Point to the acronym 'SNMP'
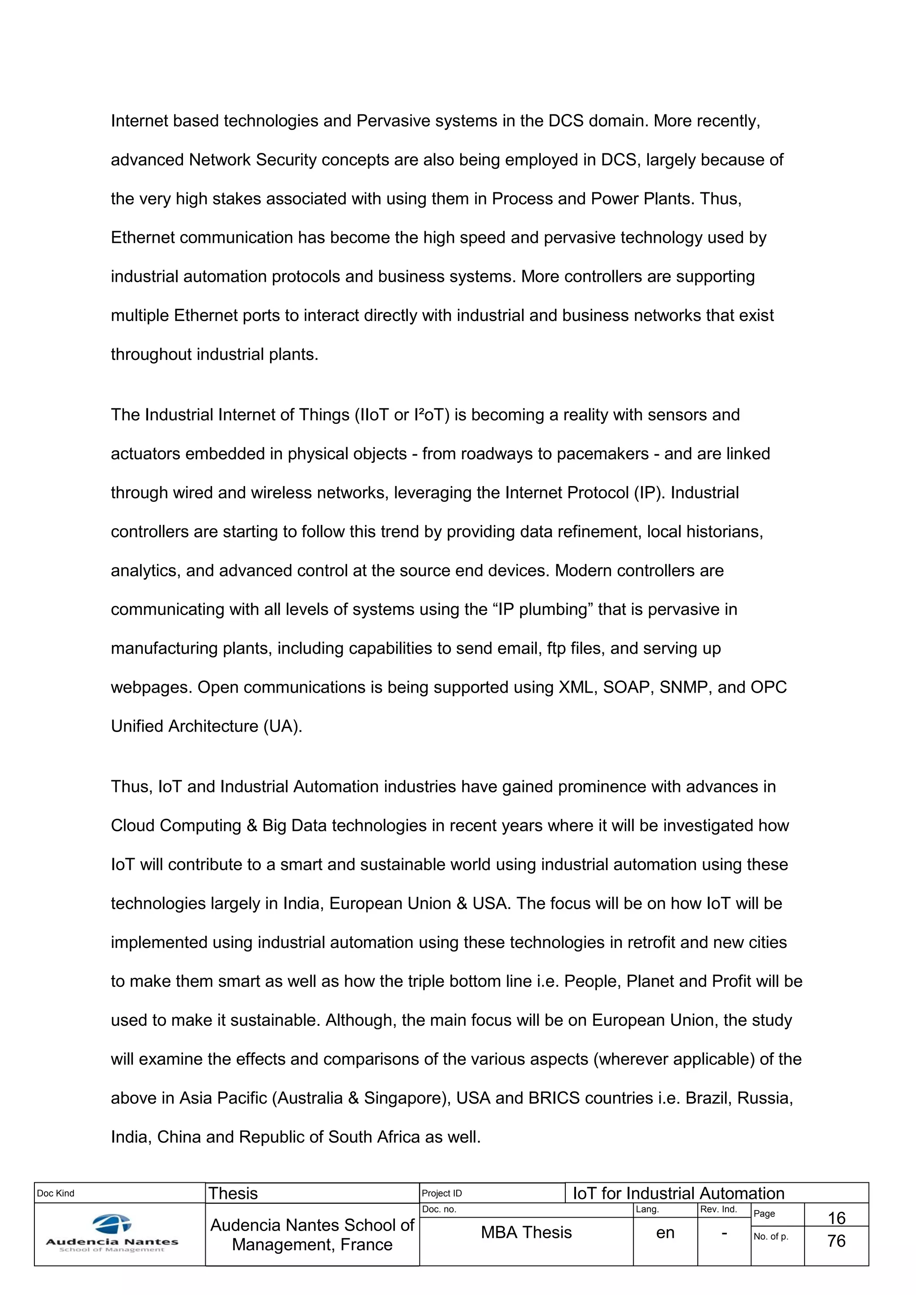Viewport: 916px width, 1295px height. click(x=683, y=688)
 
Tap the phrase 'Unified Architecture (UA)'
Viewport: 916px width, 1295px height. click(x=207, y=727)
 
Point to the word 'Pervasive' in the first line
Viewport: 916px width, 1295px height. click(x=394, y=121)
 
